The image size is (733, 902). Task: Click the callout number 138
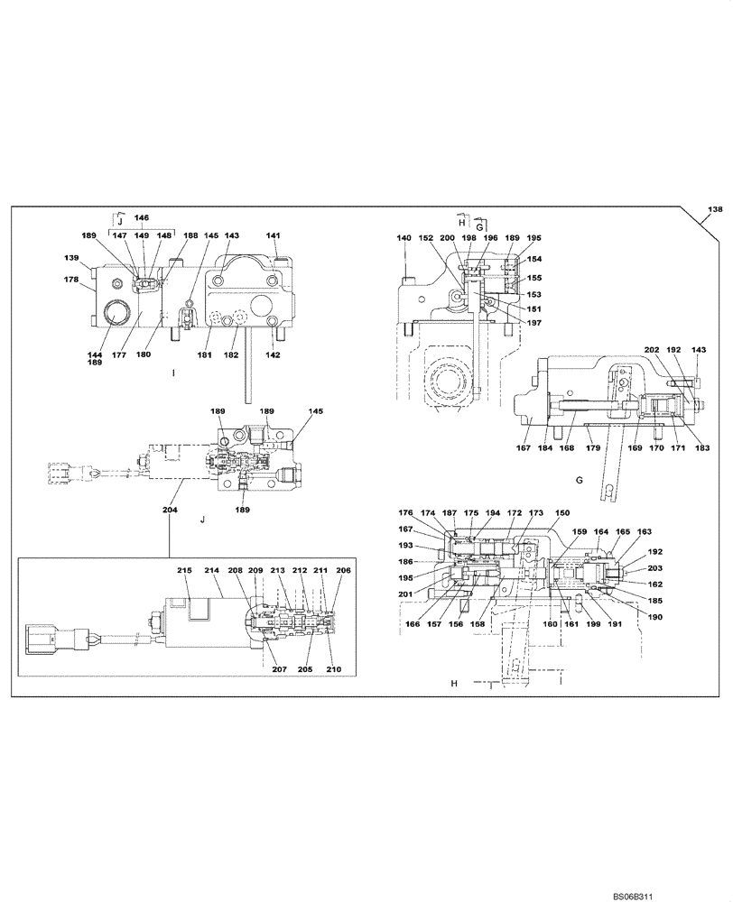714,209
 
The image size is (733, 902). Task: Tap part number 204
170,511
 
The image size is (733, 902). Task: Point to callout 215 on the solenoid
185,571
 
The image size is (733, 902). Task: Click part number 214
213,571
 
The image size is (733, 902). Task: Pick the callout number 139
71,257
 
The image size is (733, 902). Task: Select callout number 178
71,281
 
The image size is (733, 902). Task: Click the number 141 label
273,235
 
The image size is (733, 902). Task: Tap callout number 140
404,238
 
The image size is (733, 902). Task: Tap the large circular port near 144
117,316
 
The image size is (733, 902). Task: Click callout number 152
425,238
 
